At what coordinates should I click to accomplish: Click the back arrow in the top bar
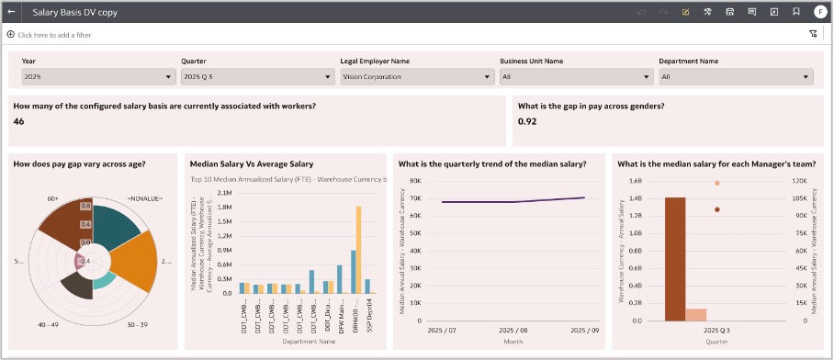tap(11, 12)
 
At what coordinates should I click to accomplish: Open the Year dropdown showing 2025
tap(97, 77)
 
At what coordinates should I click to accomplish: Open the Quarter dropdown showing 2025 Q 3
tap(255, 77)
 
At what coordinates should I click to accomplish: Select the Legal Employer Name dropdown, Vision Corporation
tap(415, 77)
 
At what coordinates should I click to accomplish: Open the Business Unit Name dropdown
tap(574, 77)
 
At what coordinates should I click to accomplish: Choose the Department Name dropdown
tap(733, 77)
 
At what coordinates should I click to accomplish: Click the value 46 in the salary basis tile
tap(19, 121)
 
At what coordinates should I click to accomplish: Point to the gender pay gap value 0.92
tap(526, 121)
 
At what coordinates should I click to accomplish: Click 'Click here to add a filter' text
tap(54, 35)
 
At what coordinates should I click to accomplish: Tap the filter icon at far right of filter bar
tap(813, 34)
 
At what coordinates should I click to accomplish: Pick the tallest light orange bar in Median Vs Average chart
tap(358, 249)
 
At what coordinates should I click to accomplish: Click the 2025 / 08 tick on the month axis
tap(513, 329)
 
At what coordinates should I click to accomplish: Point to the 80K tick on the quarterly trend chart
tap(414, 181)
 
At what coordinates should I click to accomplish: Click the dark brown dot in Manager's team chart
tap(717, 209)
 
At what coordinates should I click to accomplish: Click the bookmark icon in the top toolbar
tap(795, 12)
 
